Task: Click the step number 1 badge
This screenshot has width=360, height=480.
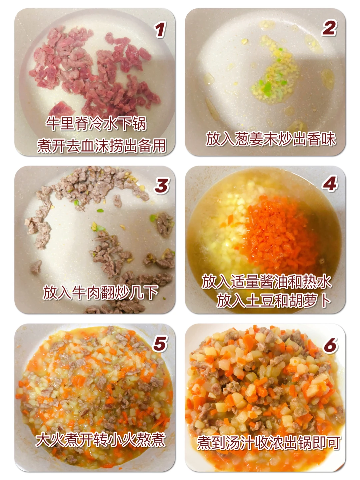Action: click(160, 30)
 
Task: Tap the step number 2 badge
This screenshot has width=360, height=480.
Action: click(329, 28)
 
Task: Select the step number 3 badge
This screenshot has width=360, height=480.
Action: click(162, 186)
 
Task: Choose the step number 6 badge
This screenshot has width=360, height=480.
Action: click(330, 345)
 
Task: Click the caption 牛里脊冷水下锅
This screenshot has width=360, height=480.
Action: click(96, 123)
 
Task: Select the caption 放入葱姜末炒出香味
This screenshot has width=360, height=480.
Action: click(271, 139)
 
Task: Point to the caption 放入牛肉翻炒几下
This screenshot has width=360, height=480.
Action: click(100, 293)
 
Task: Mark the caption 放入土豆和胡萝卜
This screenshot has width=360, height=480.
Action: click(274, 301)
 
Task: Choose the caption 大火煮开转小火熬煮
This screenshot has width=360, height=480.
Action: click(100, 439)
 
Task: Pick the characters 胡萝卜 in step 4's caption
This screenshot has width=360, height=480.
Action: click(310, 301)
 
